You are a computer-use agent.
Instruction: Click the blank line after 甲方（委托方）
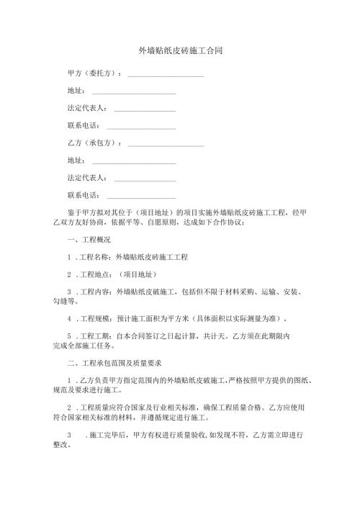tap(165, 76)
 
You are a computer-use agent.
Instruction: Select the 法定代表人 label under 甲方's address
tap(86, 108)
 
